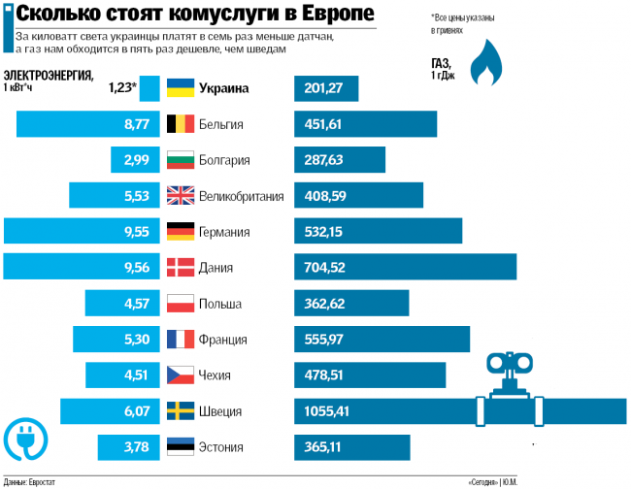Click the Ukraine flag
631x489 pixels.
(x=181, y=88)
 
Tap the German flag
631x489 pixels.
(x=181, y=231)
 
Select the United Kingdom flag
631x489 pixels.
(x=181, y=195)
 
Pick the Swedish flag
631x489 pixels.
(x=181, y=410)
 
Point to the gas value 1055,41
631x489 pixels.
(x=325, y=410)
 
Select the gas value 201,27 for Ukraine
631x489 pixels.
(x=322, y=88)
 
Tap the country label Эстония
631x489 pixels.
(x=220, y=446)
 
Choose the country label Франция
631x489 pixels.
(x=222, y=339)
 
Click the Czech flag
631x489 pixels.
(x=181, y=375)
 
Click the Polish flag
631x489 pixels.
(x=181, y=303)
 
